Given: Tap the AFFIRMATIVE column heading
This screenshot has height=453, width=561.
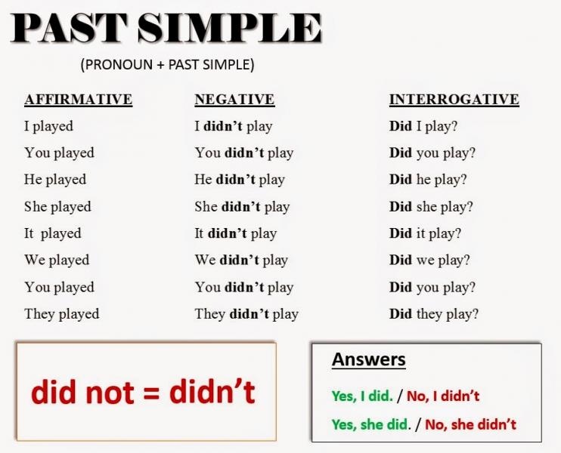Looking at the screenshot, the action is pyautogui.click(x=79, y=100).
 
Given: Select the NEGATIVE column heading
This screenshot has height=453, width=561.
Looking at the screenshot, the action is pyautogui.click(x=234, y=100).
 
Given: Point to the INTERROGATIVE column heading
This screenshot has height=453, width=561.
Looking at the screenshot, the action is pyautogui.click(x=454, y=100).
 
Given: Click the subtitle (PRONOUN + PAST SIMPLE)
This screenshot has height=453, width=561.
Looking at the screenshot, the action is pyautogui.click(x=167, y=65).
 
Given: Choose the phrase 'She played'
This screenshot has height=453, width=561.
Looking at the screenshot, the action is pyautogui.click(x=57, y=207).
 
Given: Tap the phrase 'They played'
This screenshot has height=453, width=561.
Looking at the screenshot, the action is pyautogui.click(x=62, y=314).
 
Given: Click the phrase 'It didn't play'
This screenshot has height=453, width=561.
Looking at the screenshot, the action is pyautogui.click(x=236, y=234).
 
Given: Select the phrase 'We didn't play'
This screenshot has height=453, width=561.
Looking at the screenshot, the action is pyautogui.click(x=241, y=260).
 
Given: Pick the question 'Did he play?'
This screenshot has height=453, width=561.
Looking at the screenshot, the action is pyautogui.click(x=428, y=180).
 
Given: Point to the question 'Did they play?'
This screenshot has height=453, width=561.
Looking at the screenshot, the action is pyautogui.click(x=434, y=314).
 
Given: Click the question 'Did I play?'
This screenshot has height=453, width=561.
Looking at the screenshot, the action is pyautogui.click(x=423, y=127).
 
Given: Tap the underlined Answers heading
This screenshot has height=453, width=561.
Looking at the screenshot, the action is pyautogui.click(x=369, y=359).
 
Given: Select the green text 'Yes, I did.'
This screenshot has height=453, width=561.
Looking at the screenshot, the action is pyautogui.click(x=362, y=396).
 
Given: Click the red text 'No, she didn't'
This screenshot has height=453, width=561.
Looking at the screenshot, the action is pyautogui.click(x=470, y=424).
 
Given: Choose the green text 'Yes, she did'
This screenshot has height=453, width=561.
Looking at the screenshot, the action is pyautogui.click(x=369, y=424).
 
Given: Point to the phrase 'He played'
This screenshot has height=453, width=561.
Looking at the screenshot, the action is pyautogui.click(x=55, y=180).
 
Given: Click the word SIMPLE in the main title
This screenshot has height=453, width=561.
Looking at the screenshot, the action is pyautogui.click(x=229, y=27).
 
